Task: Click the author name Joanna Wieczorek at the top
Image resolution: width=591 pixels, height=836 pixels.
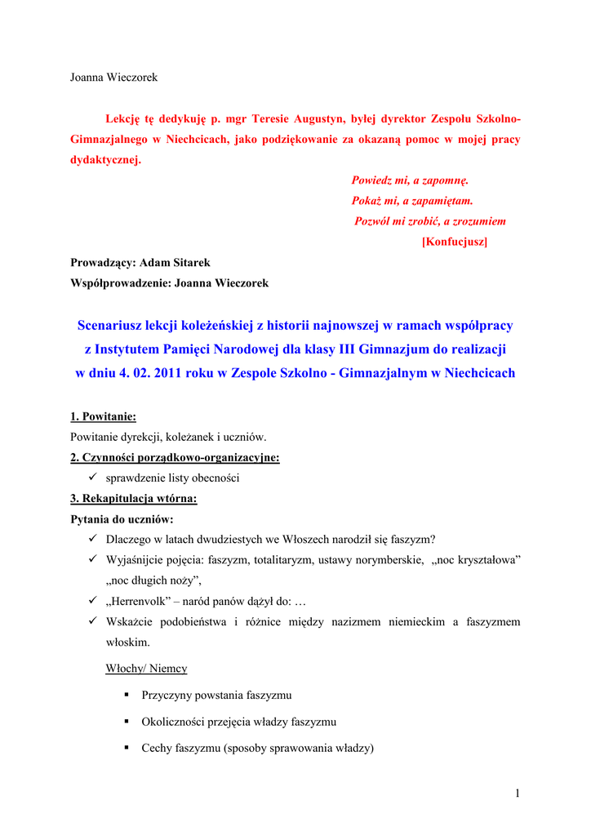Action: coord(113,78)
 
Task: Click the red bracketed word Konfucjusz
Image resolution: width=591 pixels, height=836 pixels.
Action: coord(455,242)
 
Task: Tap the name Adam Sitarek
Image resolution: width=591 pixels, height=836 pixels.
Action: coord(175,263)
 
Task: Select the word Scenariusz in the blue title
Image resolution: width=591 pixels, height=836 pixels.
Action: coord(109,326)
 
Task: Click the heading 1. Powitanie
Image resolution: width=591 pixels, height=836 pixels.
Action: coord(103,416)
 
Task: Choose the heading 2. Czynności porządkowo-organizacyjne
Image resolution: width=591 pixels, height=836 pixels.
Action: coord(175,457)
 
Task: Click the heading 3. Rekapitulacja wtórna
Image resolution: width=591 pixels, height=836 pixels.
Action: coord(133,498)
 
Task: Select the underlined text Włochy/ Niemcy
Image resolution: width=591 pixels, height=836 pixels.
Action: coord(146,669)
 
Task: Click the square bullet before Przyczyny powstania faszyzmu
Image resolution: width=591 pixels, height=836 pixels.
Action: coord(127,696)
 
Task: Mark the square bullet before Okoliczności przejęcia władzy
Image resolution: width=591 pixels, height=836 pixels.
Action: coord(127,722)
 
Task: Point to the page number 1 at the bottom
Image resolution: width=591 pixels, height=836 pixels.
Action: coord(518,794)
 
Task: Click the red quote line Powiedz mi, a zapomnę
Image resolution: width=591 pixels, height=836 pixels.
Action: coord(410,180)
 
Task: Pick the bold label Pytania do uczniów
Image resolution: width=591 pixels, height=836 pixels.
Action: coord(122,518)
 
